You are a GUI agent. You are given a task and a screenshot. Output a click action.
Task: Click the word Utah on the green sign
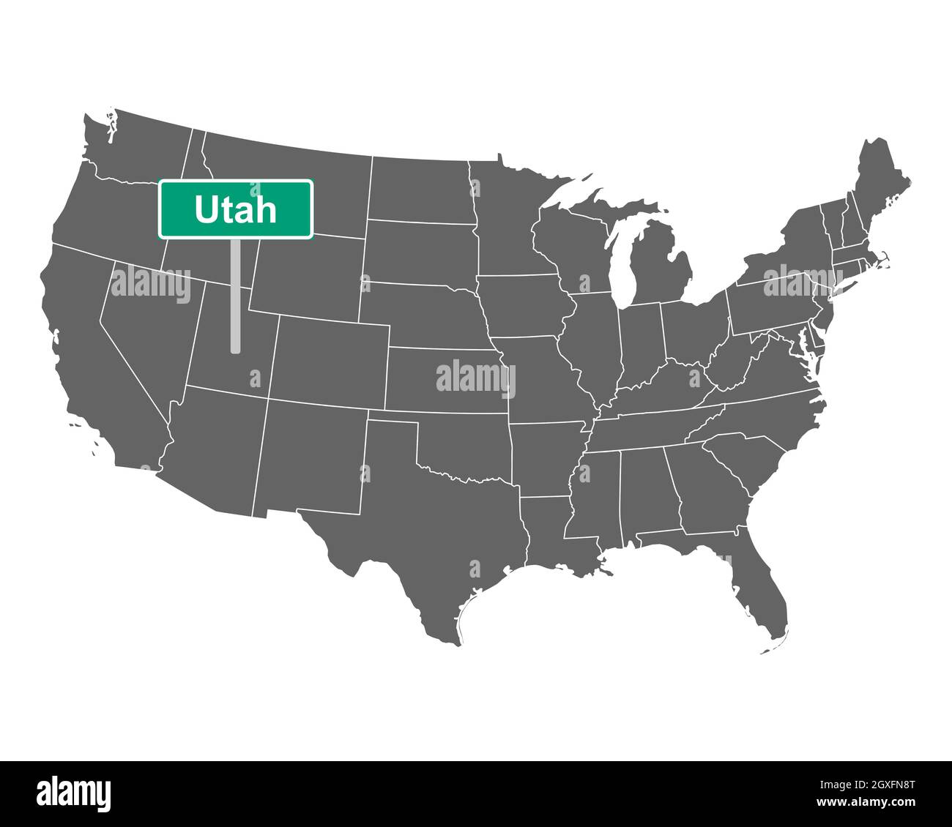(x=236, y=210)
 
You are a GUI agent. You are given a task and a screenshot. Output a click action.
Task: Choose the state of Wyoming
(x=308, y=271)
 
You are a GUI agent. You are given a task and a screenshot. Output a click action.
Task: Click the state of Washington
(x=135, y=146)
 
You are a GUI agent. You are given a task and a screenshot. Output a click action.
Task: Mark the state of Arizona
(x=212, y=446)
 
